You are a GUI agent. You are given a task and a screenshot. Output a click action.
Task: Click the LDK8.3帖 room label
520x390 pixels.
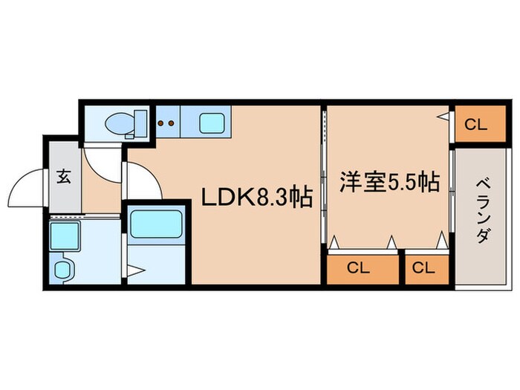point(257,198)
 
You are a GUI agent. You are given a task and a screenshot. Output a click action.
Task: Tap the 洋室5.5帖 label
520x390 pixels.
point(389,182)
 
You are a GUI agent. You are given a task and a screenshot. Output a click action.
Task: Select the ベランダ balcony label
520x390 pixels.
point(483,211)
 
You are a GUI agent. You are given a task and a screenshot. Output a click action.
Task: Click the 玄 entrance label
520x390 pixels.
point(64,176)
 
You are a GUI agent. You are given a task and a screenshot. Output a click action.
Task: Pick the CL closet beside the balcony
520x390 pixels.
point(480,124)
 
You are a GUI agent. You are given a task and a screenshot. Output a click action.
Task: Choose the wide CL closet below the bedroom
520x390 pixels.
point(363,267)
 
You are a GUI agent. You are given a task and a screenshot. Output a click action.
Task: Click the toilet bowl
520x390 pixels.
point(120,124)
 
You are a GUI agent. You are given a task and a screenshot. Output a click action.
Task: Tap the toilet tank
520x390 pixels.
point(140,124)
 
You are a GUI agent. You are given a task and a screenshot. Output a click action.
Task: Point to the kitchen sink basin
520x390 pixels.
point(212,123)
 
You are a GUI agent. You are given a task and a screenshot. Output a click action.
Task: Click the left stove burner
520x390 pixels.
point(160,123)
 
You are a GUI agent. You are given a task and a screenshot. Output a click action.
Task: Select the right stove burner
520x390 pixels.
point(171,123)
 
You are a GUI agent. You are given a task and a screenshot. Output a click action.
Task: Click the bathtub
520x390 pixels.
point(156,224)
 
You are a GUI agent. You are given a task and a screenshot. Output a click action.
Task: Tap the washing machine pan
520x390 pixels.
point(65,236)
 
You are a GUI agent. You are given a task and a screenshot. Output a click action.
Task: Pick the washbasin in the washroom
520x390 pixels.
point(62,270)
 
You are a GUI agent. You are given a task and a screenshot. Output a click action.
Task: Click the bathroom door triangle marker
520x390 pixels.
point(136,270)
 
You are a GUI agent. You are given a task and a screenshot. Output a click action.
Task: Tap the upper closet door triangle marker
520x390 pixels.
point(443,117)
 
